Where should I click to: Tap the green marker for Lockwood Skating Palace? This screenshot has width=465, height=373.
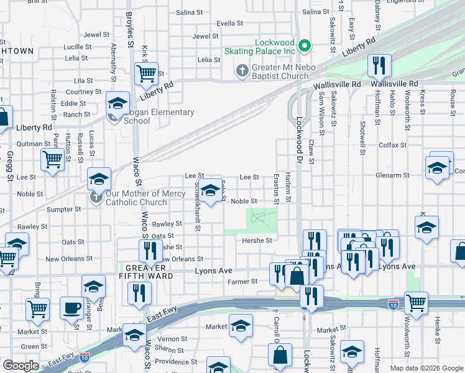305,45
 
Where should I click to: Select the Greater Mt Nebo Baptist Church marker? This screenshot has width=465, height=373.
243,70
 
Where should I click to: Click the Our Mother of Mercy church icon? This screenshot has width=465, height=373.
96,197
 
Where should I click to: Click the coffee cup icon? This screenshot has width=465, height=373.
71,308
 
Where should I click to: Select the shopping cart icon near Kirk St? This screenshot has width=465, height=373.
147,74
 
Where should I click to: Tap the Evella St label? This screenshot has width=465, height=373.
230,23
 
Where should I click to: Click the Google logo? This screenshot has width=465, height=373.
21,366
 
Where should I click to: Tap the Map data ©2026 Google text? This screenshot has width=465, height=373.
426,367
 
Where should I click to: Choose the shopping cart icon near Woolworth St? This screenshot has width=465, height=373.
416,304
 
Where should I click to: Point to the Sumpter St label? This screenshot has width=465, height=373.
60,210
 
